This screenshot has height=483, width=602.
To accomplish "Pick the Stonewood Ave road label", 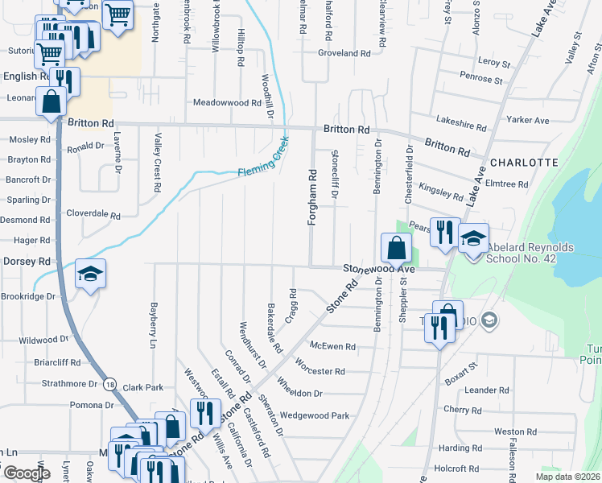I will (379, 268).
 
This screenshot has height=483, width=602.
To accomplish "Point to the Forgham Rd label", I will (311, 196).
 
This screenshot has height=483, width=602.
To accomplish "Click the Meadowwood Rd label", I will (228, 103).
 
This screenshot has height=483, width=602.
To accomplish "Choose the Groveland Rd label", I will (344, 54).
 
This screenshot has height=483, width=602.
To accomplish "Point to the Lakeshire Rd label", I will (461, 127).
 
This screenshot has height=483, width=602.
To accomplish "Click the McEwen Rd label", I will (332, 347).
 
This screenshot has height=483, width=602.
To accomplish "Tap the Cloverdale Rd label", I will (93, 216).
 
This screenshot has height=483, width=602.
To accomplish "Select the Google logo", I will (27, 473).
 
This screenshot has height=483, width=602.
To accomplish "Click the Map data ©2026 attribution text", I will (567, 477).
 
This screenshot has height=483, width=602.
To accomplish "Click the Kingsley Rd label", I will (440, 192).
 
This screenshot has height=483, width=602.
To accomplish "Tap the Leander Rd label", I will (487, 390).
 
